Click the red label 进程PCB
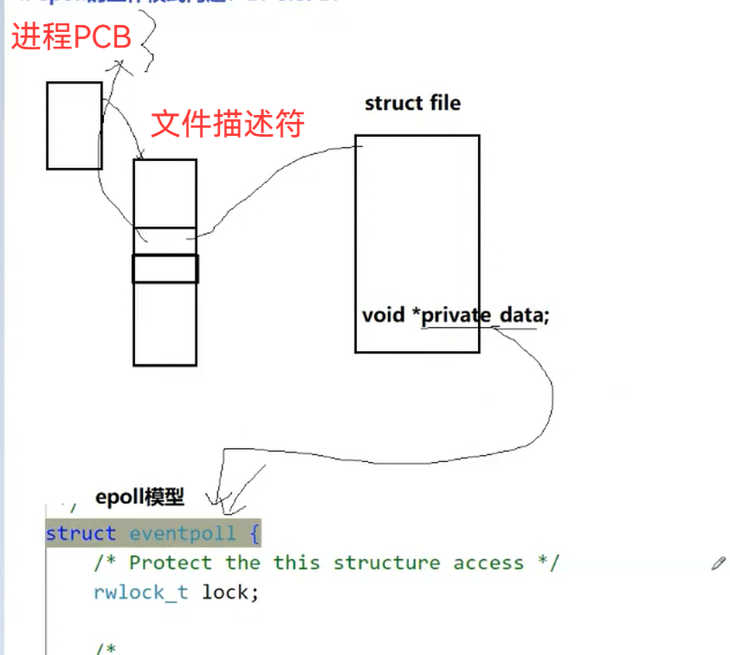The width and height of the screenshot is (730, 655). pyautogui.click(x=71, y=38)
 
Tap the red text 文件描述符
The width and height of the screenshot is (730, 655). pyautogui.click(x=228, y=124)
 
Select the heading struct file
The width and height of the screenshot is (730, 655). pyautogui.click(x=412, y=103)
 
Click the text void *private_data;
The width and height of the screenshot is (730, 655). pyautogui.click(x=455, y=315)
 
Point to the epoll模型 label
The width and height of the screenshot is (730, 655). pyautogui.click(x=139, y=497)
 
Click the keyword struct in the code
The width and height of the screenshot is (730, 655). pyautogui.click(x=81, y=533)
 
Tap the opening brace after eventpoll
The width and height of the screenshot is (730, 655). pyautogui.click(x=254, y=533)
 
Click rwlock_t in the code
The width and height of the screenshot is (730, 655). pyautogui.click(x=140, y=593)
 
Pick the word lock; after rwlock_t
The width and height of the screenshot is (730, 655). pyautogui.click(x=230, y=593)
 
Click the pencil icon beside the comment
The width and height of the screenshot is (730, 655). pyautogui.click(x=718, y=563)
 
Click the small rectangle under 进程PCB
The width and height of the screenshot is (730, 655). pyautogui.click(x=74, y=125)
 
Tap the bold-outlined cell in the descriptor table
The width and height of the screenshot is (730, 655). pyautogui.click(x=165, y=268)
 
